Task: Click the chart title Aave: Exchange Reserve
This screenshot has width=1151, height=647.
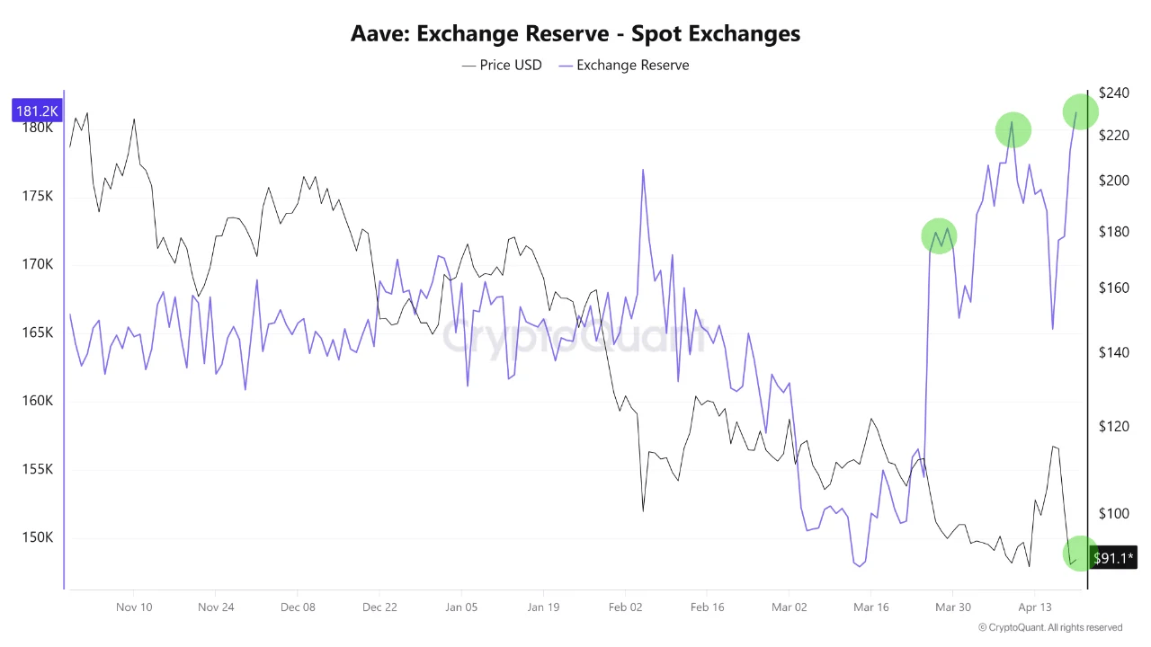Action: (x=575, y=34)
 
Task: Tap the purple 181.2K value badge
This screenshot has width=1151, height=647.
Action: (x=37, y=111)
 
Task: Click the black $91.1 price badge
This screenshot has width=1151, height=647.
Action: (x=1113, y=558)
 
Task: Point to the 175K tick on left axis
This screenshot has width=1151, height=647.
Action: (x=38, y=196)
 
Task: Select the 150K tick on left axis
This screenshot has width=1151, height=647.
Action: (x=38, y=537)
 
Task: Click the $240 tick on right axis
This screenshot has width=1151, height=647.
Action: (x=1113, y=93)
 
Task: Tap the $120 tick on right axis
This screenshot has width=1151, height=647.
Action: (x=1113, y=426)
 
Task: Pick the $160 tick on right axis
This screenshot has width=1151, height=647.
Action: (x=1113, y=288)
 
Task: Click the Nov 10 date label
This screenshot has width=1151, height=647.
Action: (x=134, y=607)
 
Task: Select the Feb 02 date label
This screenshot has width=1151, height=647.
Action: (x=625, y=607)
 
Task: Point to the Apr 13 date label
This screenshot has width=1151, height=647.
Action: (x=1034, y=607)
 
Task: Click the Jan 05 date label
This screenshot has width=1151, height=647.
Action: (x=461, y=607)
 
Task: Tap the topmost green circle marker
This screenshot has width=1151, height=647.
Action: (x=1080, y=111)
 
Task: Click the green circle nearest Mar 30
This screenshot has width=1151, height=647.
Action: (x=939, y=236)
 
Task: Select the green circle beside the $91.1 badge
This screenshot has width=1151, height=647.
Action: (x=1079, y=554)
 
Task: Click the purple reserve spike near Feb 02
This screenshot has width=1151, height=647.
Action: (x=643, y=171)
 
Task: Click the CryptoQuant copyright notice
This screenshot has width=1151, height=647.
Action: (x=1049, y=627)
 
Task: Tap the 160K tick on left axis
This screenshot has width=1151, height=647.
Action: (x=38, y=401)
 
